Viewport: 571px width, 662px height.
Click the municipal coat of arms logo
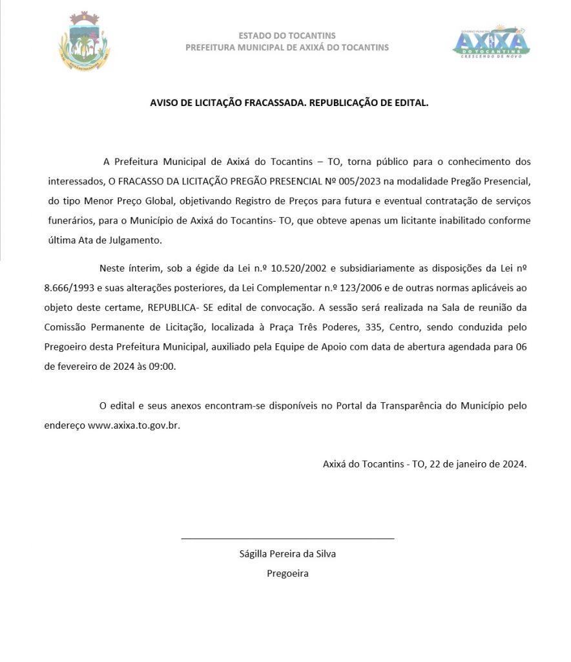click(x=83, y=42)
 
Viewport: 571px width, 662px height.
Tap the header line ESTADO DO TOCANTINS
click(x=287, y=36)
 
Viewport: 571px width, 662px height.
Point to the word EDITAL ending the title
click(x=411, y=102)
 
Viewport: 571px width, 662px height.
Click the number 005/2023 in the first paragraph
click(x=357, y=181)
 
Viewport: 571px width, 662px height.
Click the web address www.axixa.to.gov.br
click(x=133, y=426)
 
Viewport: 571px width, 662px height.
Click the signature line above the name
click(x=287, y=538)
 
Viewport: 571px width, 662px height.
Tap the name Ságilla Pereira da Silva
click(x=287, y=553)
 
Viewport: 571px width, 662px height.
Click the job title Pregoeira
click(x=287, y=573)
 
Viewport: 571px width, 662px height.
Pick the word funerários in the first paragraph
click(x=70, y=220)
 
